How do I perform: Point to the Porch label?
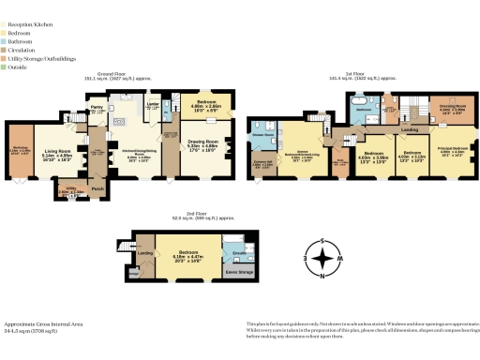97,187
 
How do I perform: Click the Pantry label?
96,109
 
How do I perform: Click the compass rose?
322,258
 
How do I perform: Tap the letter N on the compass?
322,277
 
